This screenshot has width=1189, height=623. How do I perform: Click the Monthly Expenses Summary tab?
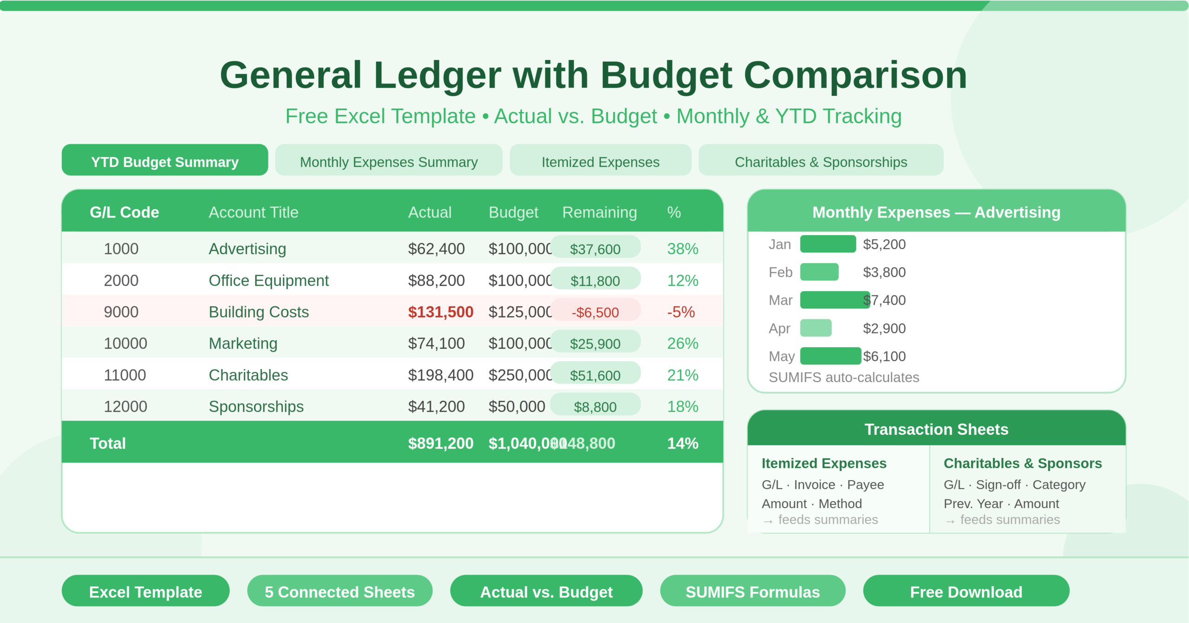389,161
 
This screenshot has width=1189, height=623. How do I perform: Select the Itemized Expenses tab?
600,161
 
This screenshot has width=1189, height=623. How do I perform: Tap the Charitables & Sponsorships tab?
821,161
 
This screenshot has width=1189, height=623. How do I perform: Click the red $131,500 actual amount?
440,312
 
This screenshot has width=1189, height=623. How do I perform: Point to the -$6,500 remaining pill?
595,312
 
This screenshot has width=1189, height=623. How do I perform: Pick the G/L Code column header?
124,212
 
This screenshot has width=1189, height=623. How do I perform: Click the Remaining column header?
599,212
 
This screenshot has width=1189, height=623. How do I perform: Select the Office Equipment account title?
268,280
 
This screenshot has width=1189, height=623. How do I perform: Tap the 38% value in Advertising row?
682,249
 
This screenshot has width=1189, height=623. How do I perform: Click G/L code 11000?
125,375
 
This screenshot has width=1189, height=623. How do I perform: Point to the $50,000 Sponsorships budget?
516,406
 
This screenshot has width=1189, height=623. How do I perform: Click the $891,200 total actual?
440,444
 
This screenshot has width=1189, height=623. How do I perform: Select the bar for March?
834,300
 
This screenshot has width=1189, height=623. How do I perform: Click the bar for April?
816,328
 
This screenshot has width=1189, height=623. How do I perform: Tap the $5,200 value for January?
884,244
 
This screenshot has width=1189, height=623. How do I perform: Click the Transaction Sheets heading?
936,429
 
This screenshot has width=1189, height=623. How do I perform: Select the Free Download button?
966,591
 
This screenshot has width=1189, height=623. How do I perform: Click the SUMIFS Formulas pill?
752,591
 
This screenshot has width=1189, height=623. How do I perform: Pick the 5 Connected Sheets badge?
340,591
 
